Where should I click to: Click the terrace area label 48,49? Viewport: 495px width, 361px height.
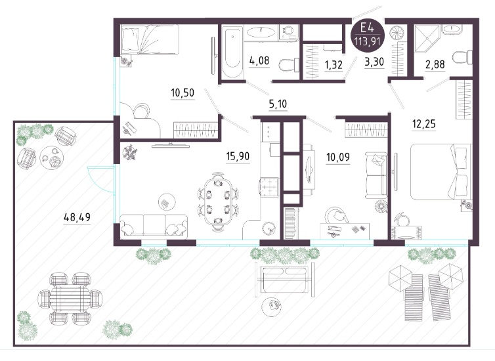pyautogui.click(x=77, y=217)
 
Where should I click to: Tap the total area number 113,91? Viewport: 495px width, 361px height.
pyautogui.click(x=367, y=41)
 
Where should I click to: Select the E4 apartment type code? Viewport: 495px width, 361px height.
pyautogui.click(x=367, y=28)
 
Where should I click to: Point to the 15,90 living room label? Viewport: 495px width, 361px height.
pyautogui.click(x=238, y=156)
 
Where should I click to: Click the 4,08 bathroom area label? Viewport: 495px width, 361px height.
pyautogui.click(x=259, y=60)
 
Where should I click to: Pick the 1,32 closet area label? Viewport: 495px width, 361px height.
pyautogui.click(x=334, y=65)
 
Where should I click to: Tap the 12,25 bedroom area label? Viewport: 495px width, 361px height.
pyautogui.click(x=423, y=124)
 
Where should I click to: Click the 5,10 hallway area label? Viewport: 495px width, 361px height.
pyautogui.click(x=278, y=104)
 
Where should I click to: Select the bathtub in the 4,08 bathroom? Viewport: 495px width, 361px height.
pyautogui.click(x=232, y=52)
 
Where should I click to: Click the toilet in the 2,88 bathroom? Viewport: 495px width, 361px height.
pyautogui.click(x=462, y=58)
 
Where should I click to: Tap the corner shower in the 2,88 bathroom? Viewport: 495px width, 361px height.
pyautogui.click(x=427, y=39)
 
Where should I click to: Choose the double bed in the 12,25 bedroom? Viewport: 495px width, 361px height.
pyautogui.click(x=441, y=172)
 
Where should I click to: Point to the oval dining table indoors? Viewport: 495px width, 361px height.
pyautogui.click(x=218, y=202)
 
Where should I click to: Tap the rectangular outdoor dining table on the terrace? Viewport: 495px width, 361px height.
pyautogui.click(x=70, y=298)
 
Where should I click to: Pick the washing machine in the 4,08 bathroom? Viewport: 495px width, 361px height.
pyautogui.click(x=288, y=32)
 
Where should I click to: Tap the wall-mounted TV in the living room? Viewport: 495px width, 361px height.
pyautogui.click(x=171, y=146)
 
